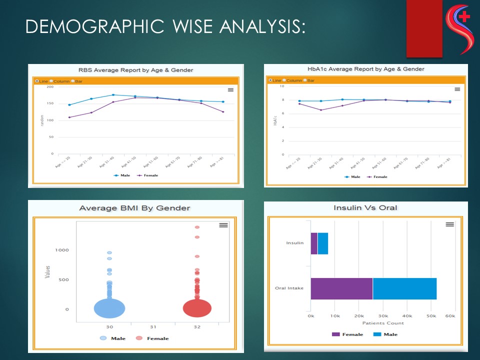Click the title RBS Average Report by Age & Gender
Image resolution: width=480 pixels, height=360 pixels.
coord(135,70)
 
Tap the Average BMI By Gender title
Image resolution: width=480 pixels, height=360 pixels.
coord(135,208)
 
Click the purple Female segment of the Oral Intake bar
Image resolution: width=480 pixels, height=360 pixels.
coord(341,288)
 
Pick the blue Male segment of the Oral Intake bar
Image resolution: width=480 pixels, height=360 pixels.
coord(404,288)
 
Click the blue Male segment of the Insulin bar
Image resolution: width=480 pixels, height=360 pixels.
coord(323,243)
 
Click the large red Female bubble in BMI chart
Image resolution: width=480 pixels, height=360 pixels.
coord(197,307)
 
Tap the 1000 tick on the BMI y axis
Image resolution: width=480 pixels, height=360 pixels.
coord(62,250)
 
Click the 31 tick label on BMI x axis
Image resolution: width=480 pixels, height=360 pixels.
coord(153,327)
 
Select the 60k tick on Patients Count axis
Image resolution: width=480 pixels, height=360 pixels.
coord(450,316)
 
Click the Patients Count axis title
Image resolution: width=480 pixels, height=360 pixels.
coord(383,323)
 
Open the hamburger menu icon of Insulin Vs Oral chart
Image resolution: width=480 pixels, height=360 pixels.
coord(450,224)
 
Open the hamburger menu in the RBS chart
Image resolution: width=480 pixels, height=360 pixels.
coord(230,90)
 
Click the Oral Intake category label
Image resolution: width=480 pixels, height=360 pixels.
coord(289,288)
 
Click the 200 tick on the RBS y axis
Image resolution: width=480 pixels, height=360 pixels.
coord(50,87)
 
